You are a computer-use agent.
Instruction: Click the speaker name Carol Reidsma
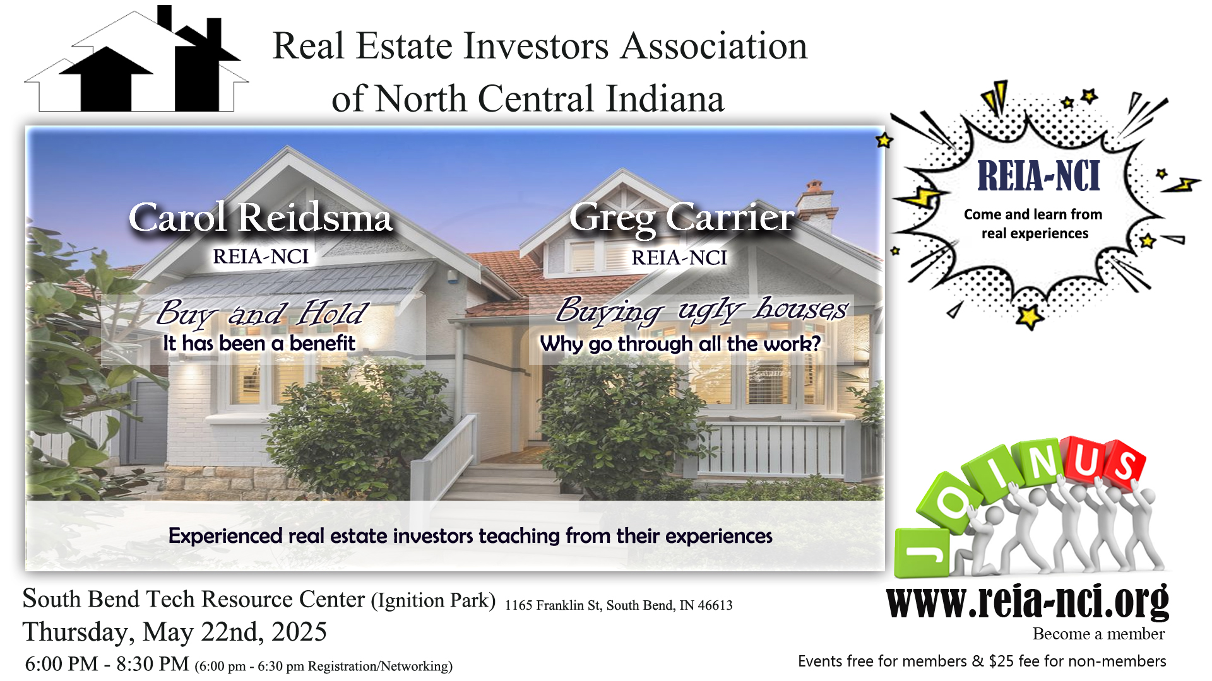(261, 218)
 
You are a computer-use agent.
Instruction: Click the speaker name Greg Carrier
(682, 218)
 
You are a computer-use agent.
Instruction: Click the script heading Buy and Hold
(262, 313)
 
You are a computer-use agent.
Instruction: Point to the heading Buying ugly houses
(701, 310)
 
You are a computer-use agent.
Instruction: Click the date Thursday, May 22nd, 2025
(175, 632)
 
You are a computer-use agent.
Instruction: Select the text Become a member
(1098, 634)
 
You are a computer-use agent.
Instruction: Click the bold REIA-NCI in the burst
(1039, 176)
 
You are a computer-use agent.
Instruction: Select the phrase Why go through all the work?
(680, 344)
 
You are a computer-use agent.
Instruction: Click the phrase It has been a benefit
(259, 343)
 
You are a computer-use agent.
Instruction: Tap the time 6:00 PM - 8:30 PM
(107, 663)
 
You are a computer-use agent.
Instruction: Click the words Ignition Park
(434, 600)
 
